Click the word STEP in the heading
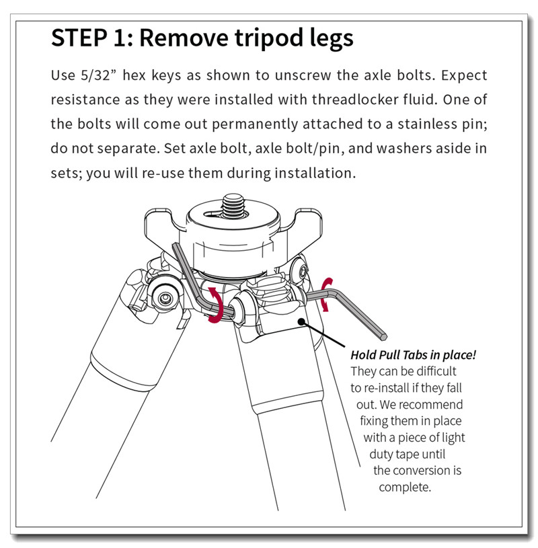tap(79, 38)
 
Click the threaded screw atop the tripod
tap(233, 206)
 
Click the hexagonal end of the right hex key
tap(383, 337)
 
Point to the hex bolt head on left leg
tap(164, 298)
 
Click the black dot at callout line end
tap(301, 321)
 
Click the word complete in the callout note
tap(405, 487)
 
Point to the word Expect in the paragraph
tap(464, 76)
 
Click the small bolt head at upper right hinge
tap(301, 270)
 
